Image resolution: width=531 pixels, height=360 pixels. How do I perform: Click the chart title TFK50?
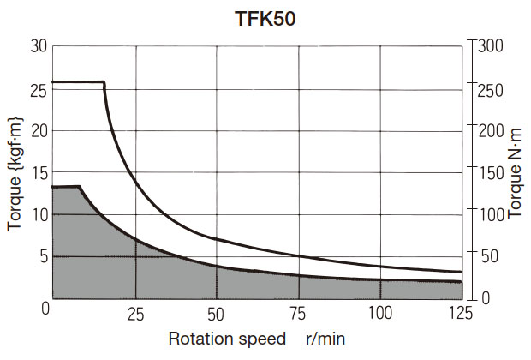point(265,20)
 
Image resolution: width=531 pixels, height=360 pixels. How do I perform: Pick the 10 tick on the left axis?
point(38,213)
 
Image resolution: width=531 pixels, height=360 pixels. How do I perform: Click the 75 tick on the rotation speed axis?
point(299,313)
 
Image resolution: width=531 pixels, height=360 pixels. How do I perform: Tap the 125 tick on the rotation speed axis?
point(461,313)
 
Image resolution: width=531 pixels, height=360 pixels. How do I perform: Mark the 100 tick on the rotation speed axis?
point(380,313)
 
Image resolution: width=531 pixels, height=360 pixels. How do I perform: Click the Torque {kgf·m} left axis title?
point(15,172)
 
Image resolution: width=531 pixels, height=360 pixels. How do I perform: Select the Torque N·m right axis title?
point(515,172)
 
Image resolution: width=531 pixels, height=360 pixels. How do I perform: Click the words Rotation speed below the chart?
point(227,338)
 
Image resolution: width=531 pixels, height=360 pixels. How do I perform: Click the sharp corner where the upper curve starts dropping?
point(104,83)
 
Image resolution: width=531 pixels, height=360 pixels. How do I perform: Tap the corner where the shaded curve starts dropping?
point(80,187)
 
